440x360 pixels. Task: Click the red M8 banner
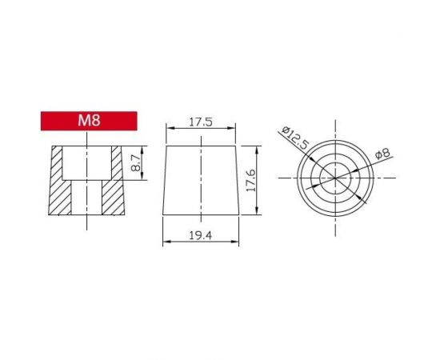[x=89, y=121]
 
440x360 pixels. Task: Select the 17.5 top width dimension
[x=200, y=122]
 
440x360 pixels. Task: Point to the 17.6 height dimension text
[x=250, y=181]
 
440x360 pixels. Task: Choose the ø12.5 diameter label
[x=295, y=139]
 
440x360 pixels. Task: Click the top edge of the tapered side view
[x=200, y=146]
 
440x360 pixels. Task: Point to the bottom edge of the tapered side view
[x=200, y=214]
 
